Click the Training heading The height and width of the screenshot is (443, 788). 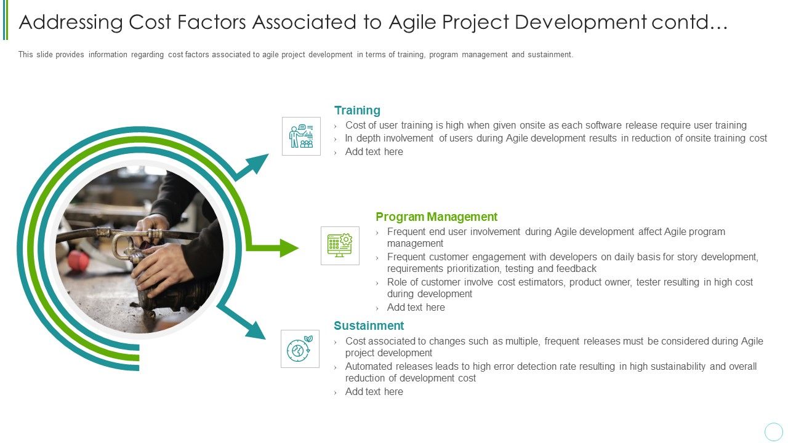pos(357,111)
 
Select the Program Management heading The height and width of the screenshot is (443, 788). pos(436,217)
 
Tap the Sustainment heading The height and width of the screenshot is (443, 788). pos(369,326)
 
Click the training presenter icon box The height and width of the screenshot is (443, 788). pos(301,136)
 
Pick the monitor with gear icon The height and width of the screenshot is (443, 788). pos(340,245)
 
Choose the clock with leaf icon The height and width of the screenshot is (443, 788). pos(300,349)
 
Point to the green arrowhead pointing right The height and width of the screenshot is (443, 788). pos(288,248)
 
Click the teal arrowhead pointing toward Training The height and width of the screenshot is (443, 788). pos(258,163)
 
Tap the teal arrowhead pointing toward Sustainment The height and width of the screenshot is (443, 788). pos(254,329)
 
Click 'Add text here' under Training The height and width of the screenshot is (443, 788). pos(374,152)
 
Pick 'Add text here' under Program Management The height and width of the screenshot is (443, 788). pos(416,308)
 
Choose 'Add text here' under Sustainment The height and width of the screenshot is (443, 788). pos(374,392)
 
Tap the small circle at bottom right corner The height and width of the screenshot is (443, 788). pos(773,431)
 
